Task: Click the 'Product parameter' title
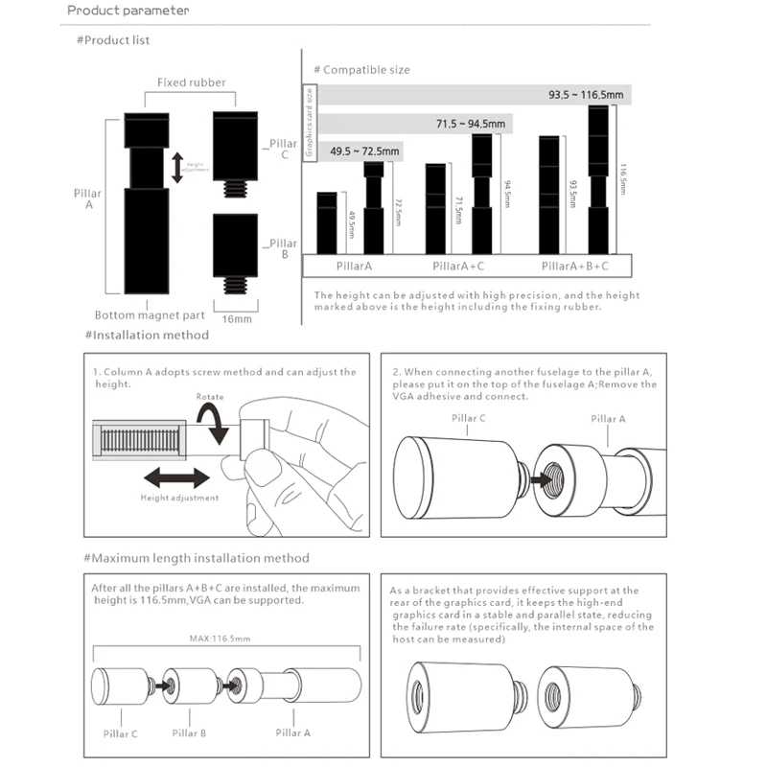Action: (129, 11)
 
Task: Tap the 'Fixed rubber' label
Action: (192, 82)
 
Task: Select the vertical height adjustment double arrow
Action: (176, 166)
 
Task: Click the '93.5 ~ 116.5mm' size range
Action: (586, 95)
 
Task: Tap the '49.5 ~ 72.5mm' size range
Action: (364, 151)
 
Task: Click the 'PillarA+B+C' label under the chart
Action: (574, 266)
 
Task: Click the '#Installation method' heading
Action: (147, 336)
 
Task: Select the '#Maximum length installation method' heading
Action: (197, 558)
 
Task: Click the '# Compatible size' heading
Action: (362, 70)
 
